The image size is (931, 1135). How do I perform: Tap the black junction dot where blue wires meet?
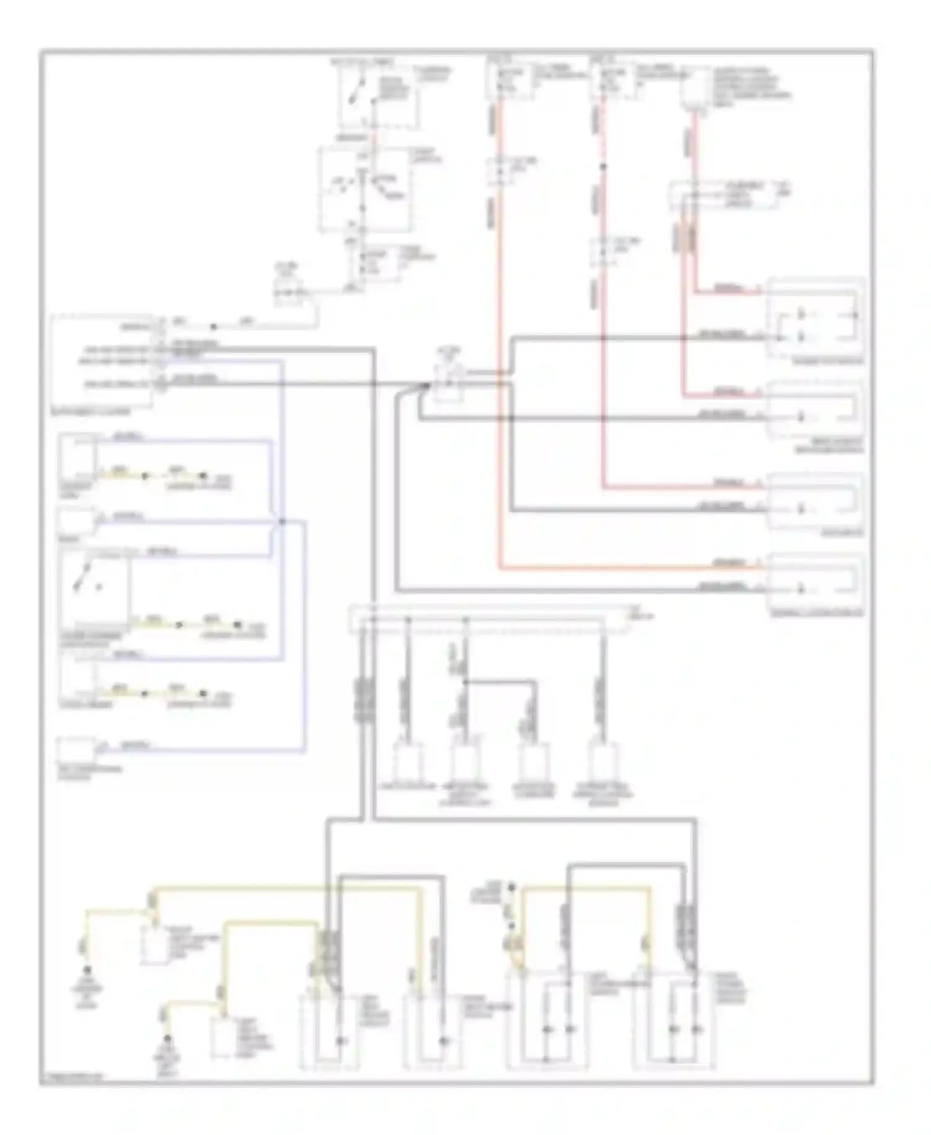tap(282, 522)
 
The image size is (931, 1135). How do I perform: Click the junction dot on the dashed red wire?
tap(603, 166)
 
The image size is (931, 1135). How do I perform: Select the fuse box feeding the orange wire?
tap(509, 81)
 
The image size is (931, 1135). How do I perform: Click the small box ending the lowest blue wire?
tap(76, 749)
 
